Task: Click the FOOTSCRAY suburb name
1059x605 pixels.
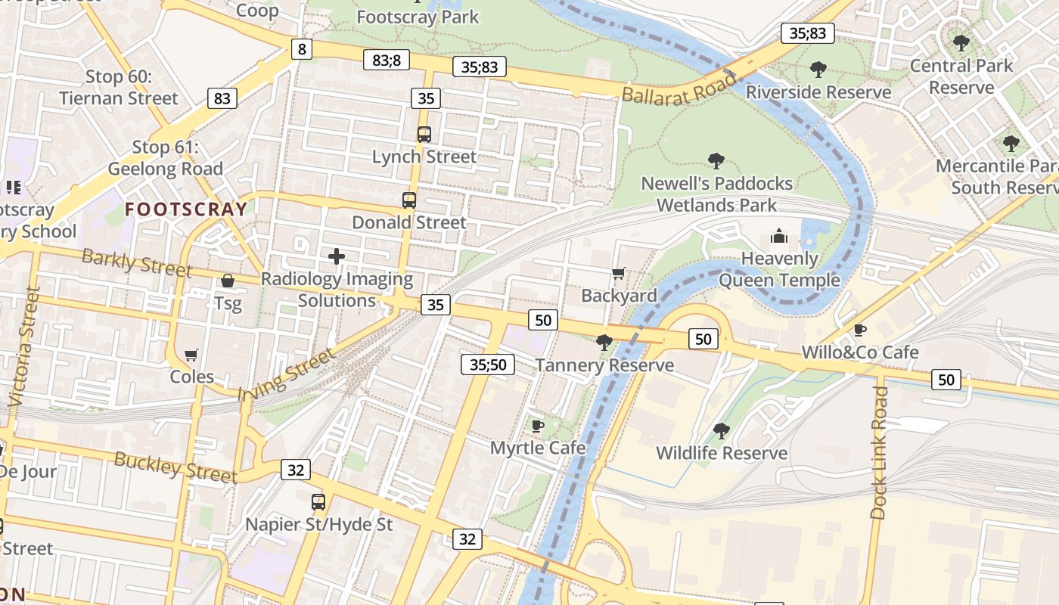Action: [x=186, y=209]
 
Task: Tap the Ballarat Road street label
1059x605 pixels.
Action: [x=679, y=85]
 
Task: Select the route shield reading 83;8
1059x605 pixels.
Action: [x=387, y=60]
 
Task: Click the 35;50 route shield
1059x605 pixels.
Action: [x=488, y=365]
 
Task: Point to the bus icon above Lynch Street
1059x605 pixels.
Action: [x=424, y=135]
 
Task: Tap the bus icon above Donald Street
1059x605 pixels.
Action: [x=409, y=200]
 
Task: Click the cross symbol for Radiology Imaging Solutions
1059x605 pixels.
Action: [x=337, y=257]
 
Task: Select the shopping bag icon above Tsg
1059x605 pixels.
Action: [x=227, y=281]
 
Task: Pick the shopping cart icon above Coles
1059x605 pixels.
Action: [x=191, y=355]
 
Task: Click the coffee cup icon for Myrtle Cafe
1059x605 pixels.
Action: [x=538, y=426]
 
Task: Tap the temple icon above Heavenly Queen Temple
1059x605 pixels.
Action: [x=779, y=237]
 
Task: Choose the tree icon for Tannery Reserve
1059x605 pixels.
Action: [x=604, y=343]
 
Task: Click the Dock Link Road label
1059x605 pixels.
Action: [x=879, y=452]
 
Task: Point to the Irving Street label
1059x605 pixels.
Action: [x=285, y=375]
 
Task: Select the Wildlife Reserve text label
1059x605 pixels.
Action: [x=722, y=453]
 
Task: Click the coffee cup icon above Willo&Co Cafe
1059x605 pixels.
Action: [x=860, y=330]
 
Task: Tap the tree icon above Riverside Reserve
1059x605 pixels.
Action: [x=818, y=70]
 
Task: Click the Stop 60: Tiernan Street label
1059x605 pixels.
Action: [x=119, y=87]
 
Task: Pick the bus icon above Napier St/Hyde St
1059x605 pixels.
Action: [x=318, y=501]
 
